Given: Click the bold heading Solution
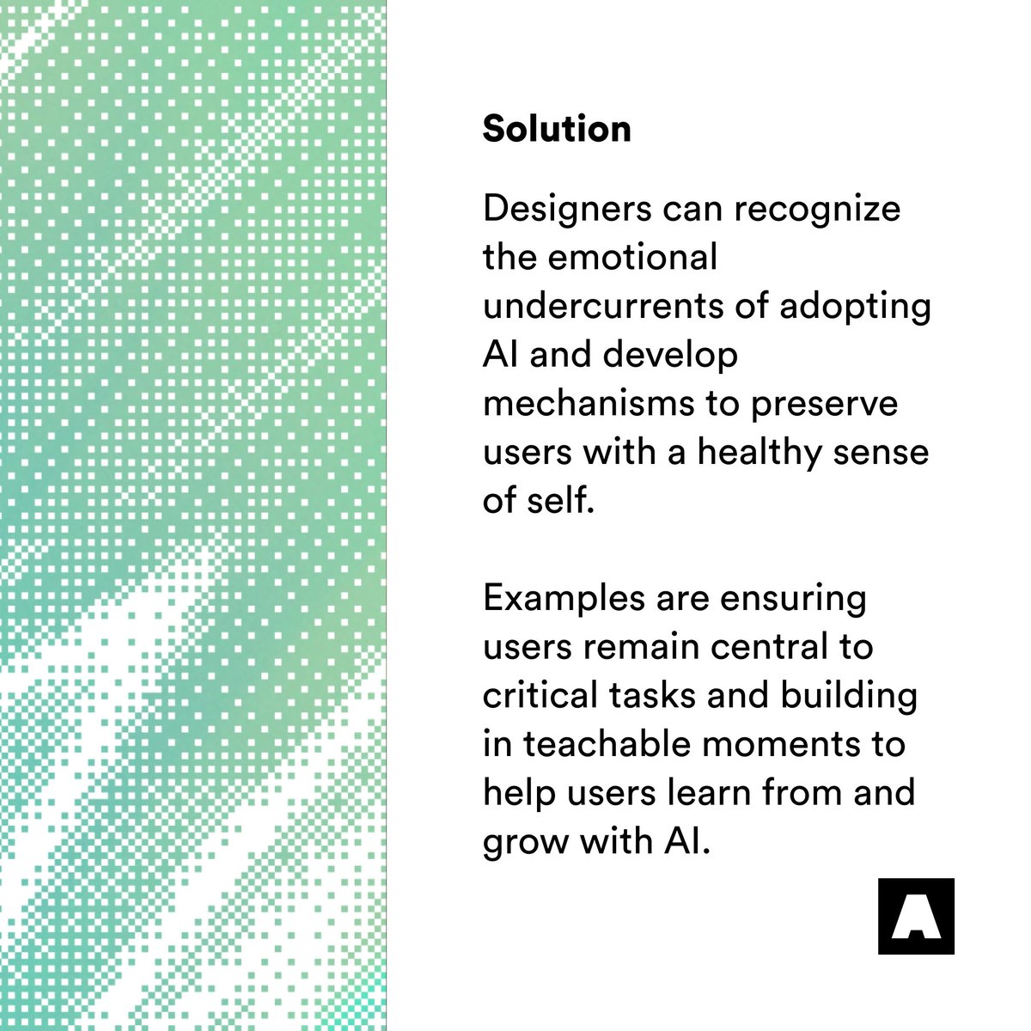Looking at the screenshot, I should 557,129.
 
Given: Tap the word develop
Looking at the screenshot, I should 670,356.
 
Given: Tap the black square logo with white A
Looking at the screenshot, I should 916,916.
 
